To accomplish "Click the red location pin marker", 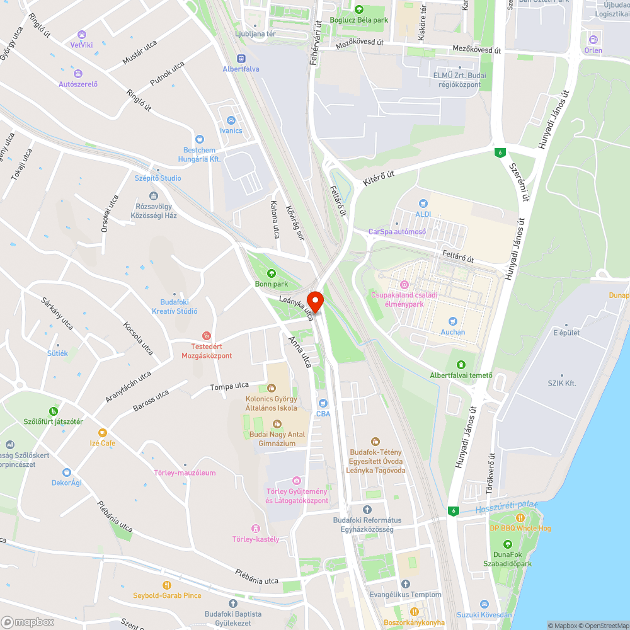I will (314, 300).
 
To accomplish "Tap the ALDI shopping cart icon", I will (423, 203).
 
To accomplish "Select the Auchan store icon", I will (452, 321).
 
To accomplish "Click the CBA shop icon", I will (323, 403).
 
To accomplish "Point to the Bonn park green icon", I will (272, 273).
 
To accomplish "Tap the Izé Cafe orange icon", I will (102, 433).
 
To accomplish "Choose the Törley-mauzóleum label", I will (185, 473).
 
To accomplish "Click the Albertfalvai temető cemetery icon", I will (461, 365).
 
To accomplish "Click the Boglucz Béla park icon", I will (359, 9).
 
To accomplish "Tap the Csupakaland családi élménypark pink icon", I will (404, 285).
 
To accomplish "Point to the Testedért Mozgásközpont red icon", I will (205, 336).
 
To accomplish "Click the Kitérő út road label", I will (378, 177).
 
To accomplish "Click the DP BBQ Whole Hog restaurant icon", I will (520, 517).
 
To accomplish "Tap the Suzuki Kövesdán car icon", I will (484, 604).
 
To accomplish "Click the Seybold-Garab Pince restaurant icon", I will (167, 585).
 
